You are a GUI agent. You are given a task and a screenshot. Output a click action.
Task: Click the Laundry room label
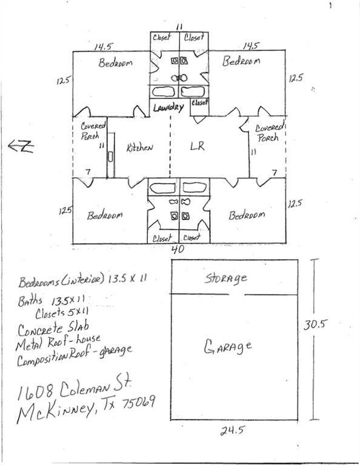168,108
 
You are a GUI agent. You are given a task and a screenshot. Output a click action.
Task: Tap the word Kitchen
139,148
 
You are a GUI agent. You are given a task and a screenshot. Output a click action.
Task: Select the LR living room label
196,147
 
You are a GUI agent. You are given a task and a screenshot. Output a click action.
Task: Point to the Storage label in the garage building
225,279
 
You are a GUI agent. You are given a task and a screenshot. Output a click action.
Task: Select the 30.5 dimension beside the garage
316,324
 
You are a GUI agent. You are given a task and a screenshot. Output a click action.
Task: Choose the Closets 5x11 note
65,314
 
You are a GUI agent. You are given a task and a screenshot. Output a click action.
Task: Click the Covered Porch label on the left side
94,131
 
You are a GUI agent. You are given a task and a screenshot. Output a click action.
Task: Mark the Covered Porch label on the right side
267,133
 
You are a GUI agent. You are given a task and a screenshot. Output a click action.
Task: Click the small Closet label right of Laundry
199,102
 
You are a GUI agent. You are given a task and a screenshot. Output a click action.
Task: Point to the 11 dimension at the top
179,27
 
